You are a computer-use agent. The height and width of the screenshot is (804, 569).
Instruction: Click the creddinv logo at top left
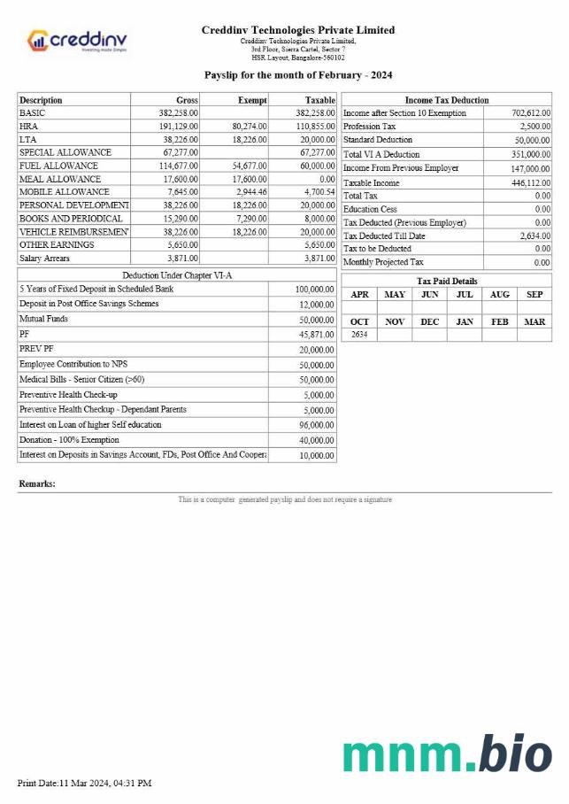pos(78,41)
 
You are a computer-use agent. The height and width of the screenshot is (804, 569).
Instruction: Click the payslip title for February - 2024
pos(298,75)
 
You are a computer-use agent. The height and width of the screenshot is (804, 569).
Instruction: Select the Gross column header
pos(187,100)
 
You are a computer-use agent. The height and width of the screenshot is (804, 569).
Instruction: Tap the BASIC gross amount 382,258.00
pos(179,113)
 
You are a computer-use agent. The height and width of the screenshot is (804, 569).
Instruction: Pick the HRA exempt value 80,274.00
pos(249,127)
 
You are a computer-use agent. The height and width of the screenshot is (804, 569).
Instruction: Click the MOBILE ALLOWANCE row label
pos(65,192)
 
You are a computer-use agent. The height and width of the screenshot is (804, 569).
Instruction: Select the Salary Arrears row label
pos(44,258)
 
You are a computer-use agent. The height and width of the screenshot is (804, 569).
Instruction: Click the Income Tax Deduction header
pos(446,100)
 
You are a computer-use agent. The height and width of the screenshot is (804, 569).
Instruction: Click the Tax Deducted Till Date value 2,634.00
pos(534,236)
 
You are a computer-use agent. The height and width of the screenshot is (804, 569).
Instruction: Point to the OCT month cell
pos(359,322)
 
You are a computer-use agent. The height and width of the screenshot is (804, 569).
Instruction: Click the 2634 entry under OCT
pos(359,335)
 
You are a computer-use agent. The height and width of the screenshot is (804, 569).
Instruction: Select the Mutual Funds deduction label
pos(43,319)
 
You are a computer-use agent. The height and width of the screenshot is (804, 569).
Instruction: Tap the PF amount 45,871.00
pos(316,335)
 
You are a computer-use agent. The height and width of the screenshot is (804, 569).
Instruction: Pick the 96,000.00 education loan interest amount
pos(316,425)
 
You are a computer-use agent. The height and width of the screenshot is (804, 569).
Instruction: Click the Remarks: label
pos(37,484)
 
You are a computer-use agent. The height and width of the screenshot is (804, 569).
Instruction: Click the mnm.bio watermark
pos(447,754)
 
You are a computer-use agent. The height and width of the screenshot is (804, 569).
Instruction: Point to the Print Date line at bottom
pos(85,784)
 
